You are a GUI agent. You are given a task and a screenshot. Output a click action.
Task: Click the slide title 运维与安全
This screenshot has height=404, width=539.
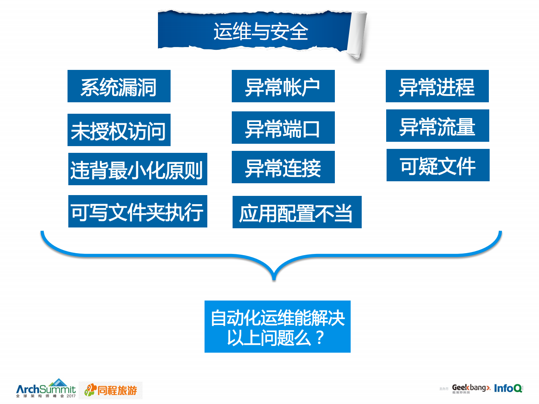(x=261, y=32)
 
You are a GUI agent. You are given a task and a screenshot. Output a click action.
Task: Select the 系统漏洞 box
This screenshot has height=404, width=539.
(x=119, y=86)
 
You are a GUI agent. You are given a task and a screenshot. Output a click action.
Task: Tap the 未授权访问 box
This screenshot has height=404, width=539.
(x=119, y=130)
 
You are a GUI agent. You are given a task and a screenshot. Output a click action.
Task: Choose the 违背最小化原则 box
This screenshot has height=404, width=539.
(x=137, y=169)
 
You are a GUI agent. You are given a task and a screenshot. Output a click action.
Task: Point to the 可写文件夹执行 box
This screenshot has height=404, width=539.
(x=137, y=212)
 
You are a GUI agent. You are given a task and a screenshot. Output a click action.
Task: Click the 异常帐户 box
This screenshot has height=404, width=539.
(x=283, y=86)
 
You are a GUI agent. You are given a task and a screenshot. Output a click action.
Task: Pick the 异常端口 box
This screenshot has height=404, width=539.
(x=283, y=128)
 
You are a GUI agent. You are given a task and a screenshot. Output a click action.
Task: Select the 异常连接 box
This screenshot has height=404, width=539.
(x=283, y=167)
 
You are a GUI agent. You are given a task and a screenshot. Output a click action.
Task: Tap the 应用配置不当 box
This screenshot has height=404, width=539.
(x=297, y=212)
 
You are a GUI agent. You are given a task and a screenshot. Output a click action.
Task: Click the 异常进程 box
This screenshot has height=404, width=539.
(x=437, y=86)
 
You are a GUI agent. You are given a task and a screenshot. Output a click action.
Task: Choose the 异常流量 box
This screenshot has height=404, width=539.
(x=437, y=126)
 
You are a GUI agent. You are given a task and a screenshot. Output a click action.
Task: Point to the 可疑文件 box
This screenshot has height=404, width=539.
(x=438, y=165)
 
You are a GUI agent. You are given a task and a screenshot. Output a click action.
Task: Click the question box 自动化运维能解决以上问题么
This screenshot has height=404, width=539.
(x=277, y=327)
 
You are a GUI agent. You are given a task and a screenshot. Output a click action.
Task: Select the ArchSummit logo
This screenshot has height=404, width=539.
(x=46, y=389)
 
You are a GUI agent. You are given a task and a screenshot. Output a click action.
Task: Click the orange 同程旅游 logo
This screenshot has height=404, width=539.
(x=111, y=390)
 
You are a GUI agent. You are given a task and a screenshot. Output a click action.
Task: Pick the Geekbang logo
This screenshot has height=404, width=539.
(x=470, y=388)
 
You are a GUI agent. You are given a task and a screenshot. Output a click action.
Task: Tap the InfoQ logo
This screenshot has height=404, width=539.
(x=508, y=388)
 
